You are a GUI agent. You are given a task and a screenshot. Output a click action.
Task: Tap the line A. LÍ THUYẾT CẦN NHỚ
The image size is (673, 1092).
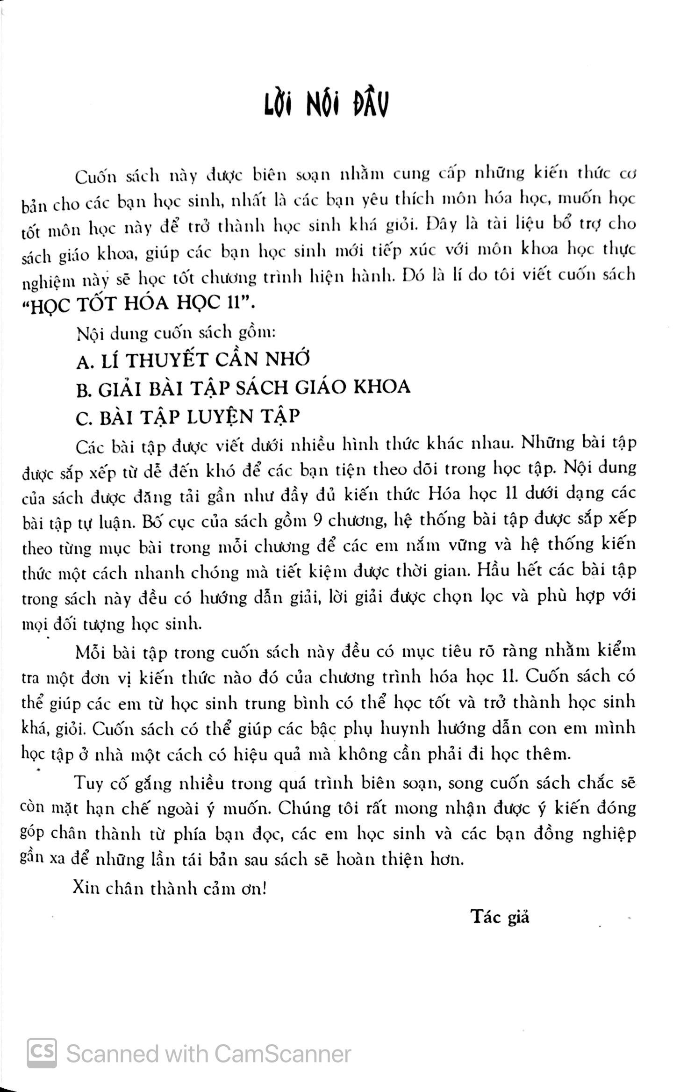pos(193,360)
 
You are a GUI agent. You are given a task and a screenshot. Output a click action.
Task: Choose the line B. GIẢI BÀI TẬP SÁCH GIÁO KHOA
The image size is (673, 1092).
pos(243,388)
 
